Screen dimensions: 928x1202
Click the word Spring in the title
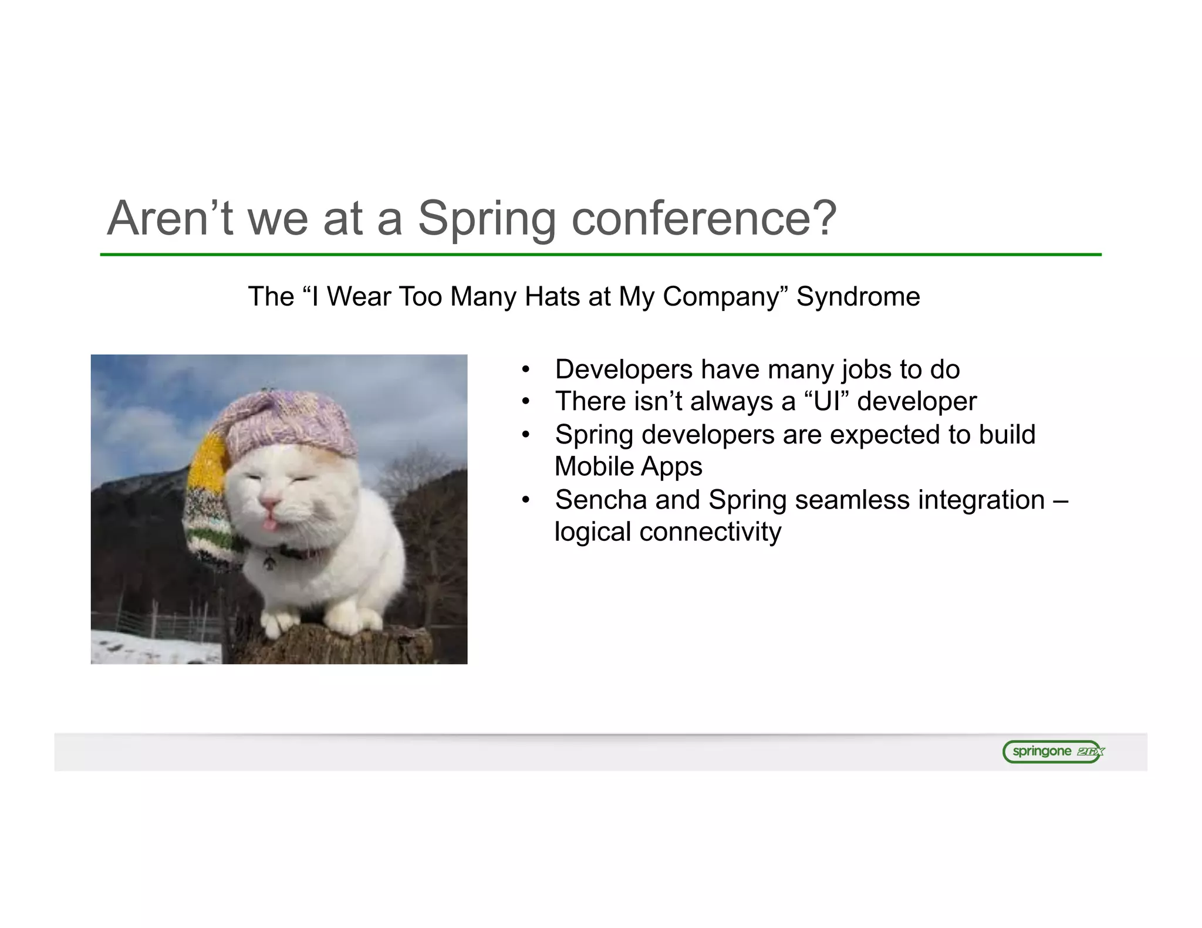[x=486, y=218]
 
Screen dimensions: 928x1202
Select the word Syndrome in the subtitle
[x=858, y=297]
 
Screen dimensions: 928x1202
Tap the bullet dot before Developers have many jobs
[x=526, y=370]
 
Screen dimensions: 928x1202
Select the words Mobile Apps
[x=628, y=467]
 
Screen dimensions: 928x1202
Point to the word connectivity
[x=710, y=532]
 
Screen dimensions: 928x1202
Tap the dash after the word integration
[x=1061, y=500]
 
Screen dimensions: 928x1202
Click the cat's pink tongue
[x=269, y=524]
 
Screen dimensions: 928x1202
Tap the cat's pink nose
[x=269, y=503]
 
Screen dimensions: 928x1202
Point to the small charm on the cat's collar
[x=269, y=563]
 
